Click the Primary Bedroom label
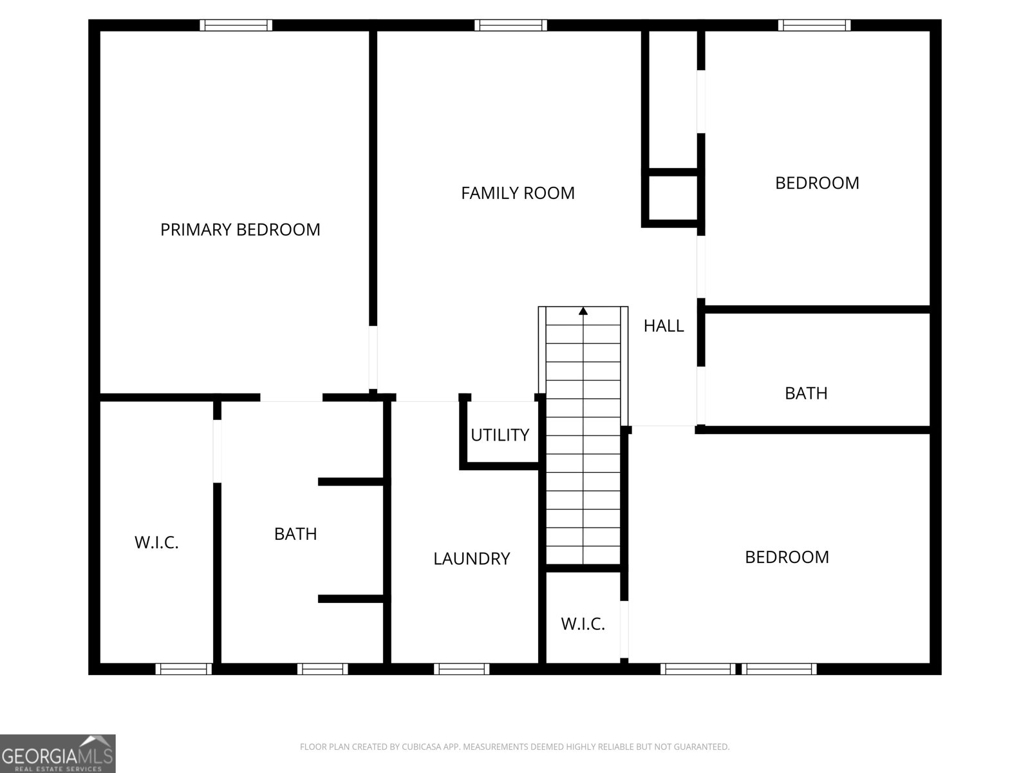[x=240, y=229]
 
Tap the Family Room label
[x=518, y=193]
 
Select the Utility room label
[x=500, y=435]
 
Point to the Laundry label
[x=472, y=558]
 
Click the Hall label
[x=664, y=326]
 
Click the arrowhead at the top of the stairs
[x=583, y=310]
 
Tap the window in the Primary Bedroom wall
[x=236, y=25]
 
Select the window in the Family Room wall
[x=510, y=25]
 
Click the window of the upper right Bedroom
[x=814, y=25]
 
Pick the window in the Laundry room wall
[x=462, y=669]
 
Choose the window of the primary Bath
[x=323, y=669]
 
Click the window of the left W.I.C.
[x=184, y=669]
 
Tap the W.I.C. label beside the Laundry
[x=583, y=624]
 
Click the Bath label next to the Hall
[x=806, y=394]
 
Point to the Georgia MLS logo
[x=58, y=754]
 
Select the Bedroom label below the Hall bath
[x=787, y=557]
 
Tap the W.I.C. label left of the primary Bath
[x=156, y=542]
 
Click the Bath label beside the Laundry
[x=295, y=534]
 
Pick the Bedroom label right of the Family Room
[x=817, y=183]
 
